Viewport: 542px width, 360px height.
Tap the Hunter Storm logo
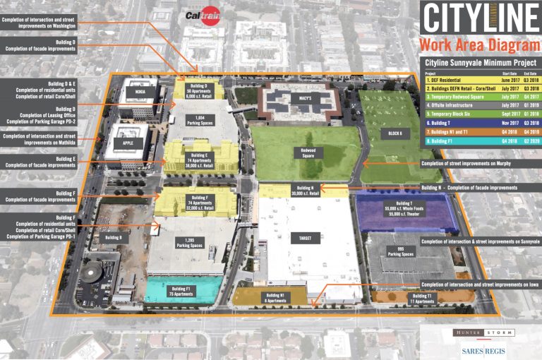486,332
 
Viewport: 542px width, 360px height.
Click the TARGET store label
306,239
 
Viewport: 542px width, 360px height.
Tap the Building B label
114,238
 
